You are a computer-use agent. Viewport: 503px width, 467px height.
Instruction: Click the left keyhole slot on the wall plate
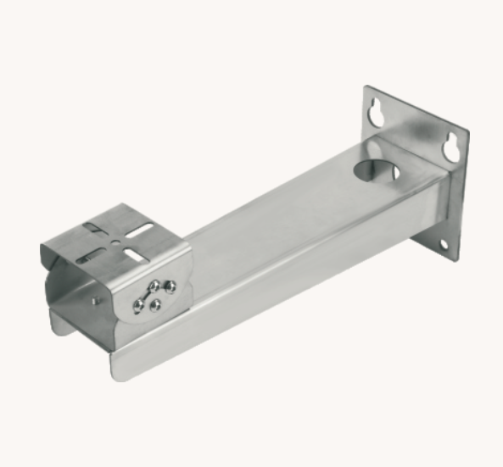tap(377, 113)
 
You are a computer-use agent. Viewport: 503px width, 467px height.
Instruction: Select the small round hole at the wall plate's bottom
tap(442, 245)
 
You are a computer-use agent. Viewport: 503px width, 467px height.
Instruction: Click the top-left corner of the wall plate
tap(366, 87)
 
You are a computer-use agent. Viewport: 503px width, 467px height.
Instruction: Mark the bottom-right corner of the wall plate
tap(458, 259)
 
